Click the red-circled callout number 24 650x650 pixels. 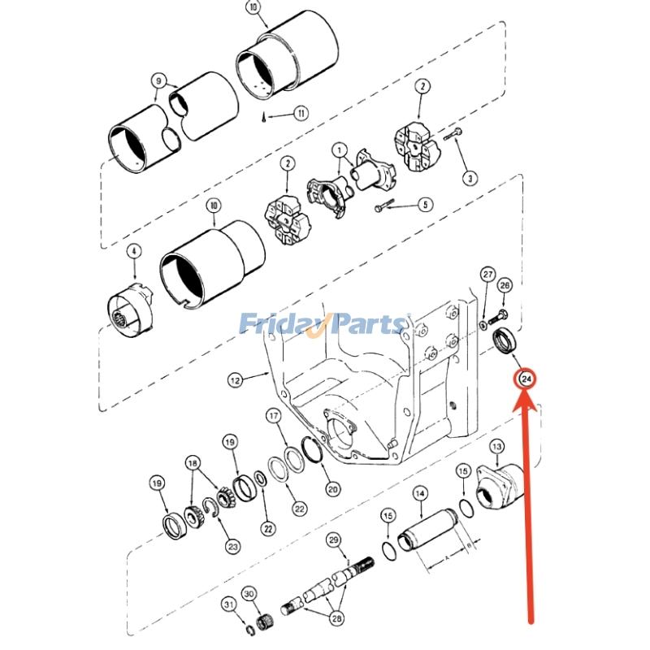point(526,379)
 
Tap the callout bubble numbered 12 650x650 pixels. point(234,379)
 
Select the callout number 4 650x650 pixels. point(133,252)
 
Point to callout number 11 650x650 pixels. point(301,114)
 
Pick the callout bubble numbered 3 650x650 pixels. point(469,177)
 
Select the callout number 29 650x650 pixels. point(333,540)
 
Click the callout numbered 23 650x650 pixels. point(233,547)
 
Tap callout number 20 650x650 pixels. point(332,489)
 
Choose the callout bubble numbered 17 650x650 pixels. point(274,416)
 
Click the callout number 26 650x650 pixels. point(505,285)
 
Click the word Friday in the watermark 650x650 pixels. point(280,324)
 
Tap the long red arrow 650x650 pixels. point(530,504)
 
